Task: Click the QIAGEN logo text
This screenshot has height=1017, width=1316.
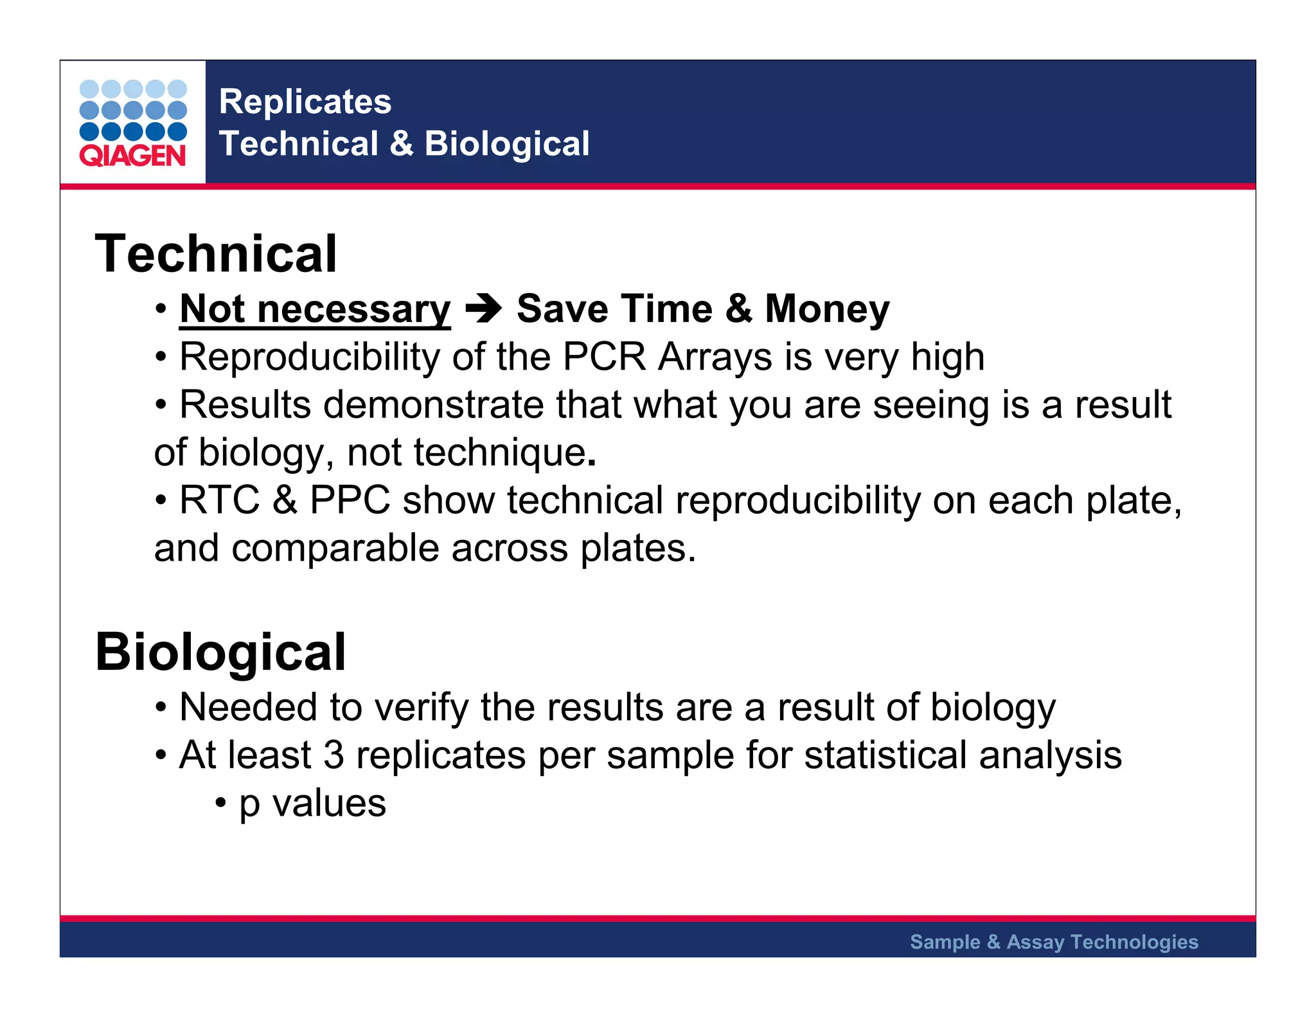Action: (132, 156)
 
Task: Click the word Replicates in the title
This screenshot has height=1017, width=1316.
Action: (305, 102)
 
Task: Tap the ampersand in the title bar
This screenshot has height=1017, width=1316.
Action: (402, 143)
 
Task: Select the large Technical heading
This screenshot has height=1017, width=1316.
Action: (216, 254)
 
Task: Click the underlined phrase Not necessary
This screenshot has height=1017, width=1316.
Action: (315, 309)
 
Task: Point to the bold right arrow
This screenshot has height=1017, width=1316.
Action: (483, 309)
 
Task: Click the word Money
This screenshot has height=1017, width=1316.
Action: (827, 309)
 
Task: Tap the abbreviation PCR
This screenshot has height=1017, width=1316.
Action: (603, 357)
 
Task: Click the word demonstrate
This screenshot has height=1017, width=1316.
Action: (434, 405)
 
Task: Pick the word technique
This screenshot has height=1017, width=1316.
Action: (499, 453)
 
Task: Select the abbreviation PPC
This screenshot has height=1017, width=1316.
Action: (350, 500)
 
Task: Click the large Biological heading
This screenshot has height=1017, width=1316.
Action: (221, 652)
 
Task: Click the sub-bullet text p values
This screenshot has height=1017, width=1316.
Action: (312, 804)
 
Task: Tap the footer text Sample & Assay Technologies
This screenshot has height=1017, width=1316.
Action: (1054, 942)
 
